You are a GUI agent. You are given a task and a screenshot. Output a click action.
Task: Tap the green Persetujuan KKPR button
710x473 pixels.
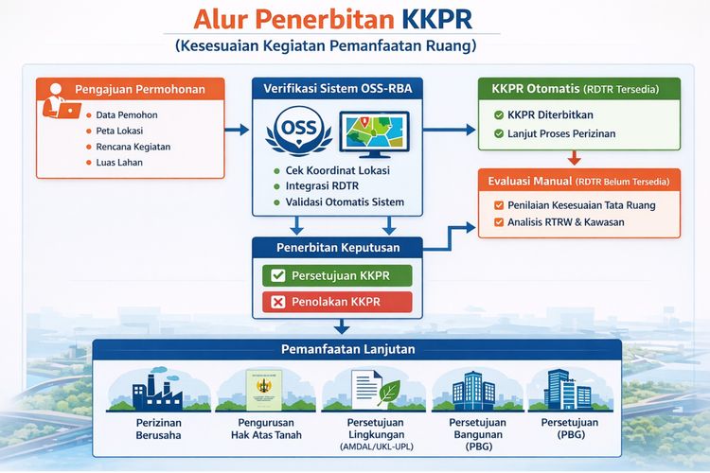click(x=337, y=275)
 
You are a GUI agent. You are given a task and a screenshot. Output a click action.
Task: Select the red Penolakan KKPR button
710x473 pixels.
click(x=337, y=302)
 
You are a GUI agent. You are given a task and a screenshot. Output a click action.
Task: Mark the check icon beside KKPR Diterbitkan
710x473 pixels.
click(x=499, y=114)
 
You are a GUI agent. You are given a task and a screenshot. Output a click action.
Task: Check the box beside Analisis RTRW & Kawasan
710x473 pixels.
click(x=499, y=222)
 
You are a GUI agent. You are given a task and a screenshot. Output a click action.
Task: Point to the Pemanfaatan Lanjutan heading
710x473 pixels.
click(x=356, y=349)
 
